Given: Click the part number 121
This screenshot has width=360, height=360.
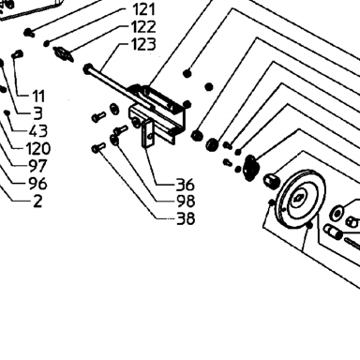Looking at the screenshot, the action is [143, 9].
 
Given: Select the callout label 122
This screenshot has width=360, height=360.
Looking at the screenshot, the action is [143, 27].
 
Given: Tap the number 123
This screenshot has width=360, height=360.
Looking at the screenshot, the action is [143, 44].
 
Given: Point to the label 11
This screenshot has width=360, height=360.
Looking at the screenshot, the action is [38, 97].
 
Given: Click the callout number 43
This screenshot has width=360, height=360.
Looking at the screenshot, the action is [38, 131].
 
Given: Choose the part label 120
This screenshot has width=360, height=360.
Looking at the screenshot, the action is [38, 148].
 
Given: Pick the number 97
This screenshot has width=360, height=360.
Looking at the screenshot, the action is [38, 166].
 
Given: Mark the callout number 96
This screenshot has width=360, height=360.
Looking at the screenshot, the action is [38, 184].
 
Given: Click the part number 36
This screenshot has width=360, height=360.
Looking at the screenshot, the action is [186, 185].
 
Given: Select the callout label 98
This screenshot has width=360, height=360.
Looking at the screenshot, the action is [186, 202].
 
